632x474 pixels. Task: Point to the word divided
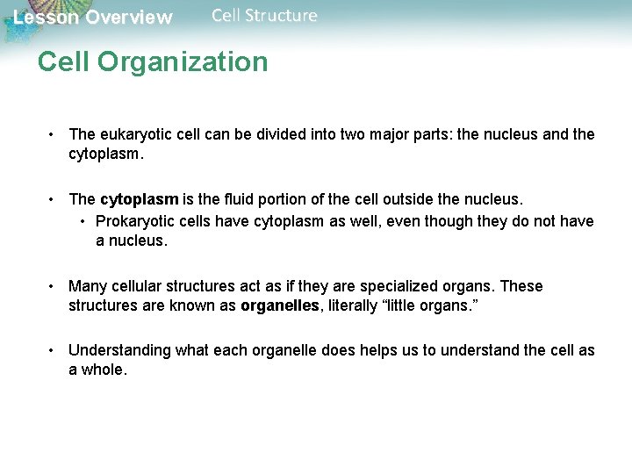275,134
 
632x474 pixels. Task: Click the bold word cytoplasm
138,199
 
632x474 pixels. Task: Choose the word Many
87,286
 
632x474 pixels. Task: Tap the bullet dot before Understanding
54,351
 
